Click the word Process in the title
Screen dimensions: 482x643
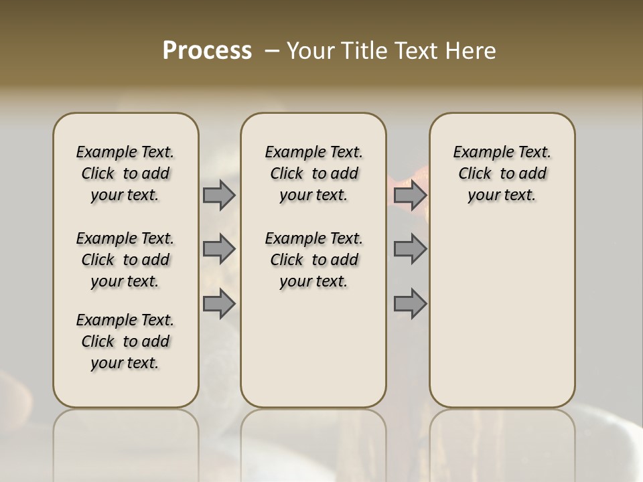207,50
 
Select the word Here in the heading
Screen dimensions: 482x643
472,51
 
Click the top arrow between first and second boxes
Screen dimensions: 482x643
219,195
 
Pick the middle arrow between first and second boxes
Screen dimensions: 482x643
219,249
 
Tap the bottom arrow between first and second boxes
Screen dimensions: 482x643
219,304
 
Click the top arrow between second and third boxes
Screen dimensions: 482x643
410,195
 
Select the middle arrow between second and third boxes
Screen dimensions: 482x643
410,249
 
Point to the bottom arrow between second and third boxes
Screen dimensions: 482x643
410,304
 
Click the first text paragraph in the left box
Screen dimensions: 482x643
125,173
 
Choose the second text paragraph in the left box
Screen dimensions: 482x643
125,260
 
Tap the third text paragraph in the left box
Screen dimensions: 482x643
125,341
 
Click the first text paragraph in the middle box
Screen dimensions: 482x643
313,173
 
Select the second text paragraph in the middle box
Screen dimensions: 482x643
313,260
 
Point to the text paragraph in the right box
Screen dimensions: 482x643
502,173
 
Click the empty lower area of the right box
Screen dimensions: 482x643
502,315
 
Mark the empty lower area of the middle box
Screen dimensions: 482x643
313,348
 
